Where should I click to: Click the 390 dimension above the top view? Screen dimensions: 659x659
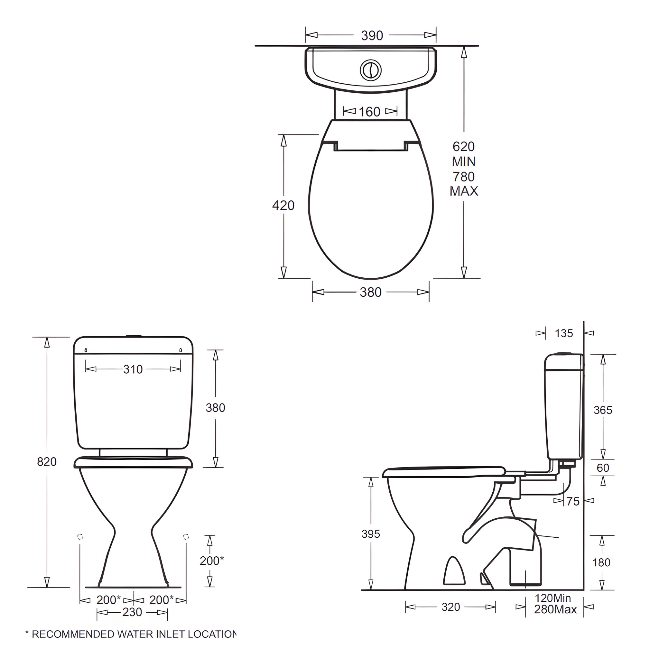(372, 35)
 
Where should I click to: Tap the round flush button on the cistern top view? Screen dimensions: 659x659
(370, 70)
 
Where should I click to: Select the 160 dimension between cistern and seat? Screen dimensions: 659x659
(369, 112)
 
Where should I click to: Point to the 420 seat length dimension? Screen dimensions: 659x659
(283, 205)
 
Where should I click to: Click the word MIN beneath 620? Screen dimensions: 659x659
(464, 161)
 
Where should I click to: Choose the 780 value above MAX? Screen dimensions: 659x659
(464, 177)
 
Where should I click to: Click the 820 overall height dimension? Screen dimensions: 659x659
(47, 461)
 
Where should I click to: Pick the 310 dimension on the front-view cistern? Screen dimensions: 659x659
(133, 369)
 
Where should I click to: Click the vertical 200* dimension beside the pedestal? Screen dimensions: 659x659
(211, 561)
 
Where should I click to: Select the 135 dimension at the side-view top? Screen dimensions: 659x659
(564, 333)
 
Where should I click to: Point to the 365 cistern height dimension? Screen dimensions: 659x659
(603, 410)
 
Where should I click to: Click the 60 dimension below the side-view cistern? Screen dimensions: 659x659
(603, 468)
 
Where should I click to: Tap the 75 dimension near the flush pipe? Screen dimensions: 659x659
(573, 501)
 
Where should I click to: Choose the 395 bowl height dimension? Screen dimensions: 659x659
(371, 534)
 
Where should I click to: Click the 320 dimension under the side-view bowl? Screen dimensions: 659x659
(450, 607)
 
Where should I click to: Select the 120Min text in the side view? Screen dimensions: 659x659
(552, 598)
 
